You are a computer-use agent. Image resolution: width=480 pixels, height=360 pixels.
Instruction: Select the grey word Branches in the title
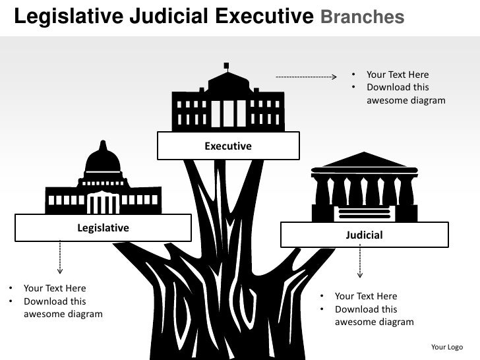tap(362, 17)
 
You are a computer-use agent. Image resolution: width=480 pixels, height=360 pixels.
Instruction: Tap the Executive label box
tap(228, 146)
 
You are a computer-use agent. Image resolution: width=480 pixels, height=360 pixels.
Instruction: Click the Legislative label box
tap(104, 227)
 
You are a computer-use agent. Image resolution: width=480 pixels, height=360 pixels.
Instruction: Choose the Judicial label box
tap(364, 235)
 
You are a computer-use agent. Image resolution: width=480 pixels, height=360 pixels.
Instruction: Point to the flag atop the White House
tap(227, 65)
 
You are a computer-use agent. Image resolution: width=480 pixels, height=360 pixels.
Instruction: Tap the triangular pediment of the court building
tap(364, 160)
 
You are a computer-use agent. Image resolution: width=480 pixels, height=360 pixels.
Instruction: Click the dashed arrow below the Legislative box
tap(60, 257)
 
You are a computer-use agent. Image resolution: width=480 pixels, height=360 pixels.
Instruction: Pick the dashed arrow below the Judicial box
tap(360, 261)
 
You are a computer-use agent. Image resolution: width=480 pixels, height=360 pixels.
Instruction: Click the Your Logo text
tap(446, 347)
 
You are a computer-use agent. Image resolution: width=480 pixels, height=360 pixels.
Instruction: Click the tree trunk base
tap(227, 330)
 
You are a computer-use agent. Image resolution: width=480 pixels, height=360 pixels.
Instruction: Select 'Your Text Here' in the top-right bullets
tap(398, 75)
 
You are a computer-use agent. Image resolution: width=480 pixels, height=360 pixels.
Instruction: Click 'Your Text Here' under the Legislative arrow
tap(55, 288)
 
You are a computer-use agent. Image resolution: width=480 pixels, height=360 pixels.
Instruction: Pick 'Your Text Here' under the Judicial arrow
tap(366, 296)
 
